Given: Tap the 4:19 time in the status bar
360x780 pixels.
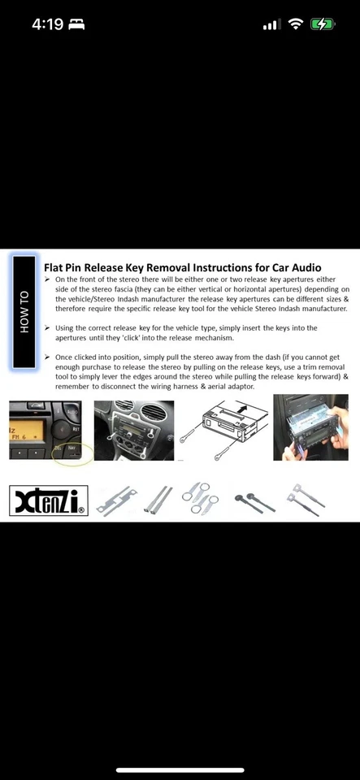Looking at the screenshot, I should point(47,24).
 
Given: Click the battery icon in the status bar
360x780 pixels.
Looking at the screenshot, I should point(323,24).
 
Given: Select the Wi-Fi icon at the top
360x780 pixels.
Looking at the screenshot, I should point(294,24).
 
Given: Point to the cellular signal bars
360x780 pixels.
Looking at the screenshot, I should point(271,25).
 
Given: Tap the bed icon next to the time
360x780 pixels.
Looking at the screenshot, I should point(77,24).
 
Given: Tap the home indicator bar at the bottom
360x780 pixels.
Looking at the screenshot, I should point(180,769).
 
